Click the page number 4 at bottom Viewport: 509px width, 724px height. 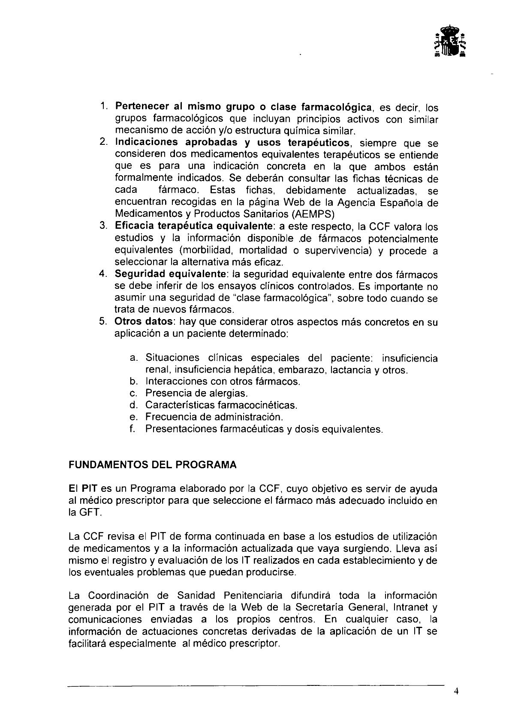(x=457, y=691)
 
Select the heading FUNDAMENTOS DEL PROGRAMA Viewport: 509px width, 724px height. (x=152, y=465)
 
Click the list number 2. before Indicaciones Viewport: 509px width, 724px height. (x=103, y=143)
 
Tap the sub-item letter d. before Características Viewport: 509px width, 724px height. (x=133, y=405)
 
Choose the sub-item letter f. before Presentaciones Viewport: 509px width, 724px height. (x=133, y=429)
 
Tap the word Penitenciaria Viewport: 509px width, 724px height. (x=253, y=595)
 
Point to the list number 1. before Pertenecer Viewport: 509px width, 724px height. (x=104, y=106)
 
